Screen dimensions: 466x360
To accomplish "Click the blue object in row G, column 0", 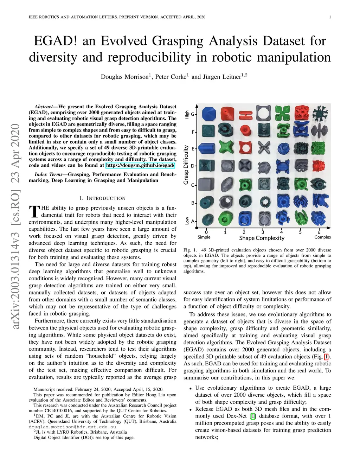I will pos(208,113).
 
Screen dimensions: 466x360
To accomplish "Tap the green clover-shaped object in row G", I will pos(282,113).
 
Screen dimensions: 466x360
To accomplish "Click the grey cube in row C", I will pos(206,184).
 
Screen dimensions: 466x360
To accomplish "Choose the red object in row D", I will pos(319,166).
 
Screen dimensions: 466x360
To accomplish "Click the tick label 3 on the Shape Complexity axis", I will pos(263,232).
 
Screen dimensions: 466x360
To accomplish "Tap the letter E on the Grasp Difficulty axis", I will pos(193,149).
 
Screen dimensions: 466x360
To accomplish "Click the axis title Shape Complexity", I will pos(262,238).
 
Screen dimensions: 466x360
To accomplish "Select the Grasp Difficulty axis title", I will pos(186,165).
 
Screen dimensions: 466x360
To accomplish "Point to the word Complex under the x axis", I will pos(322,237).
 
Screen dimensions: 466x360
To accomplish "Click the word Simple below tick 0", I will pos(204,237).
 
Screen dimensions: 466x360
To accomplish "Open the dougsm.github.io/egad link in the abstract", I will pos(140,165).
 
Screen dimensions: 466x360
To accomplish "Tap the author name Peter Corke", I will pos(172,77).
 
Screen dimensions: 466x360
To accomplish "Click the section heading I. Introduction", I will pos(102,198).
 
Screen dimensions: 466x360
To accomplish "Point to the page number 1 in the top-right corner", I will pos(330,17).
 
